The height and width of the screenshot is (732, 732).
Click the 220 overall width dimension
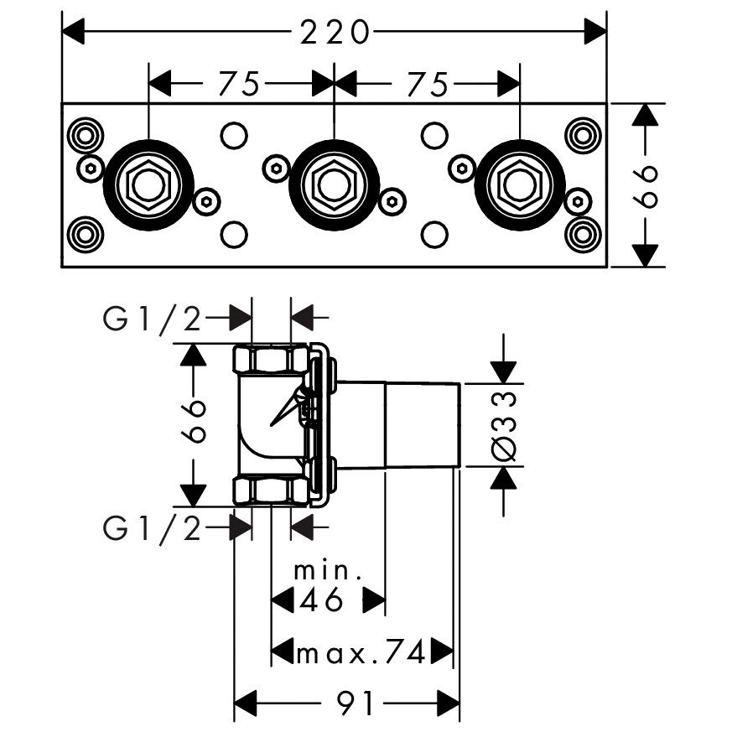335,32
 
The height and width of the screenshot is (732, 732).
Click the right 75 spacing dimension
425,83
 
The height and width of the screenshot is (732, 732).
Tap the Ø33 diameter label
504,426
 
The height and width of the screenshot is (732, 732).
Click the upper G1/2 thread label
152,319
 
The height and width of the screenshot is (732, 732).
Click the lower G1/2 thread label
152,528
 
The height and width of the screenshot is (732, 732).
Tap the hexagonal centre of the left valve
148,184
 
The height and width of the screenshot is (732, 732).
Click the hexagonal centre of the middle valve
334,184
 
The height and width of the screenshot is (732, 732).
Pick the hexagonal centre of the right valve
520,184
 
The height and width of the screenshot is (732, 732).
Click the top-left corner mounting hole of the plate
85,134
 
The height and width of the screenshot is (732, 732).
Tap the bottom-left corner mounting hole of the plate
85,234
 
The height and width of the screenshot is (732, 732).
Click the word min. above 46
327,572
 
